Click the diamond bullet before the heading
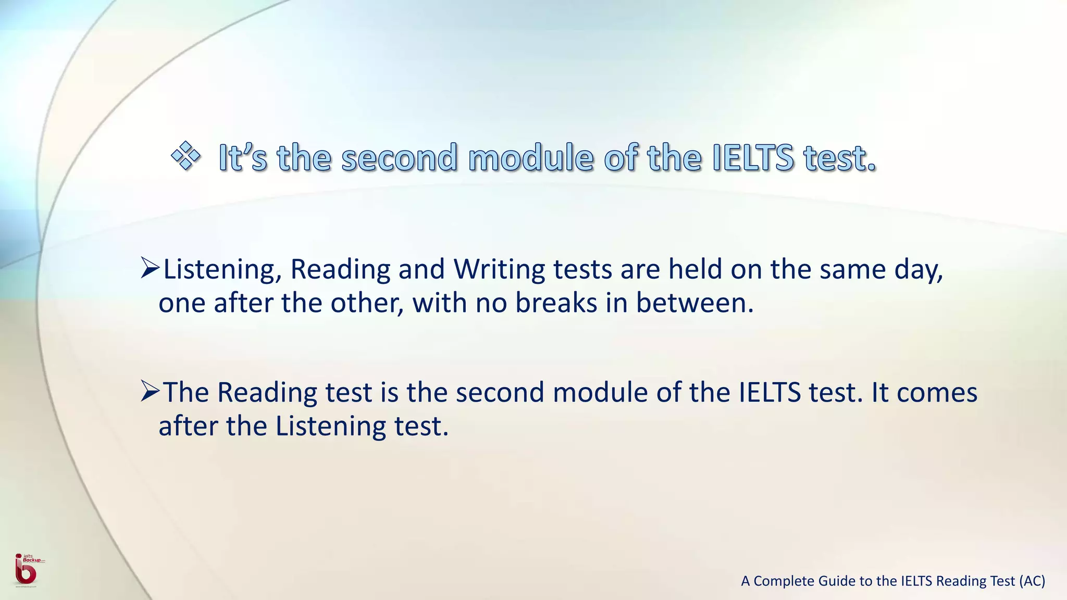click(x=185, y=156)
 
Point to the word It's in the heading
click(x=243, y=157)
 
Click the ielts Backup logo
click(x=26, y=570)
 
